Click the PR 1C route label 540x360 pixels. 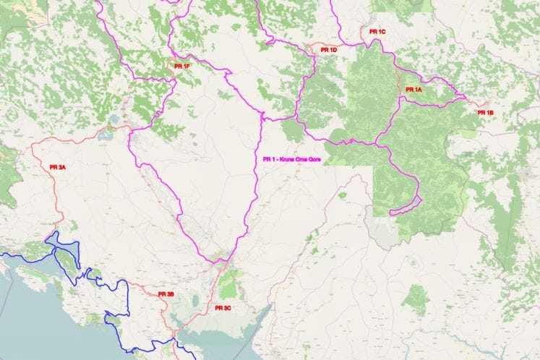377,33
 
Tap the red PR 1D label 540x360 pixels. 328,50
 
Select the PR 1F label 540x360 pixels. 181,67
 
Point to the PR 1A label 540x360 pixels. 413,90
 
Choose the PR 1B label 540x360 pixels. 485,113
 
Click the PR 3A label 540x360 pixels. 58,167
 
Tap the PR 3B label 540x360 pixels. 166,294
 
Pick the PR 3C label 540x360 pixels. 223,308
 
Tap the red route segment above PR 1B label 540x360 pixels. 471,102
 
